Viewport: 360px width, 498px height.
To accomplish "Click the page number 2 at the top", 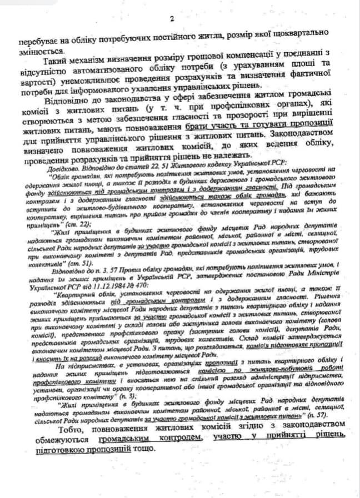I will click(172, 20).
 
